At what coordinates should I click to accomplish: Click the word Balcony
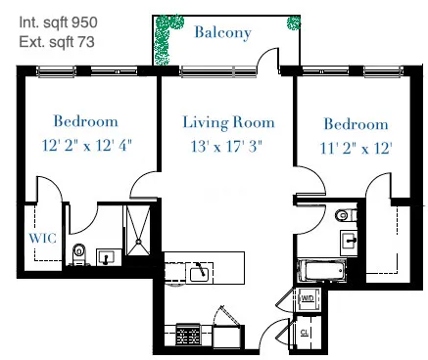pyautogui.click(x=222, y=32)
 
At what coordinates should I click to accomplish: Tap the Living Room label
pyautogui.click(x=228, y=122)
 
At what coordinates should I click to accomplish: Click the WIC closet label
pyautogui.click(x=40, y=236)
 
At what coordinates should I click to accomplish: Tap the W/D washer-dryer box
pyautogui.click(x=308, y=296)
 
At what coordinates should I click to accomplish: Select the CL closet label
pyautogui.click(x=306, y=333)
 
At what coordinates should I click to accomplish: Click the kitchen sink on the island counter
pyautogui.click(x=199, y=270)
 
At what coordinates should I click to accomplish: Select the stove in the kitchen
pyautogui.click(x=186, y=337)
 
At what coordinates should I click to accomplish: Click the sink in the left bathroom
pyautogui.click(x=105, y=256)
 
